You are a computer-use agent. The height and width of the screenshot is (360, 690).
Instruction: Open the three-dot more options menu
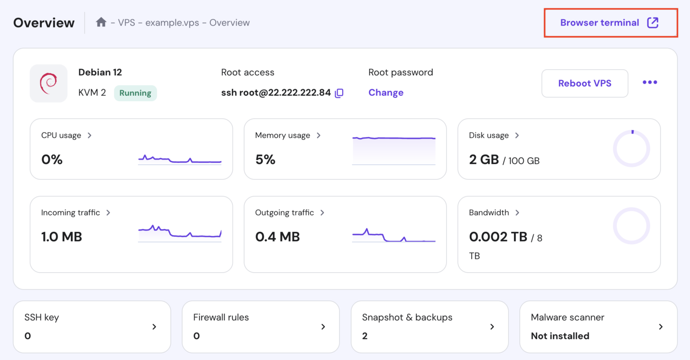[650, 82]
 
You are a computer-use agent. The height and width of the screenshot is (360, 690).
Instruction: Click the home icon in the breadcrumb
[101, 22]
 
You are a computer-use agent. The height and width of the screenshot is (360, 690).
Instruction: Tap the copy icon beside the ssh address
[339, 93]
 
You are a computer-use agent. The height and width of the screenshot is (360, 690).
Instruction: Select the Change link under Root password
[386, 93]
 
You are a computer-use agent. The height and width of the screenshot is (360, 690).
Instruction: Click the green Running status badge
[135, 93]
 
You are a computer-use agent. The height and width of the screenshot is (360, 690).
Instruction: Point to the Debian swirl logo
[49, 83]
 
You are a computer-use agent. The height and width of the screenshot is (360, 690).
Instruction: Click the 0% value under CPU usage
[52, 160]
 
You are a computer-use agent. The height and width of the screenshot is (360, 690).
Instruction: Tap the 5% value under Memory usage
[265, 160]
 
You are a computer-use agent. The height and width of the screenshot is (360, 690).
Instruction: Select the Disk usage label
[489, 135]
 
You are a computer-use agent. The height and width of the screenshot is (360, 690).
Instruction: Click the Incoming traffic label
[71, 213]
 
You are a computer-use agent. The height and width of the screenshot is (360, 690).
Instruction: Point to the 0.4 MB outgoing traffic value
[278, 237]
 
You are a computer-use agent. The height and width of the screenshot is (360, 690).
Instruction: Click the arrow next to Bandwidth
[517, 213]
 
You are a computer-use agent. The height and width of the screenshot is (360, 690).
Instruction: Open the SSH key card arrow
[154, 327]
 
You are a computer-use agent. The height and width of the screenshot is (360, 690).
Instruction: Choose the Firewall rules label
[221, 317]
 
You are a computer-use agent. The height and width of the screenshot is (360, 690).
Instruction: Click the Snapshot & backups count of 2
[365, 336]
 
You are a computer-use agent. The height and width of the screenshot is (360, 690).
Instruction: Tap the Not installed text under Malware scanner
[560, 336]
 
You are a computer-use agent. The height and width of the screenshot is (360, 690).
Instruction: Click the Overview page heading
[44, 23]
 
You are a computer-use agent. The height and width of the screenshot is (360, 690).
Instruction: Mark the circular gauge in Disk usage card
[631, 148]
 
